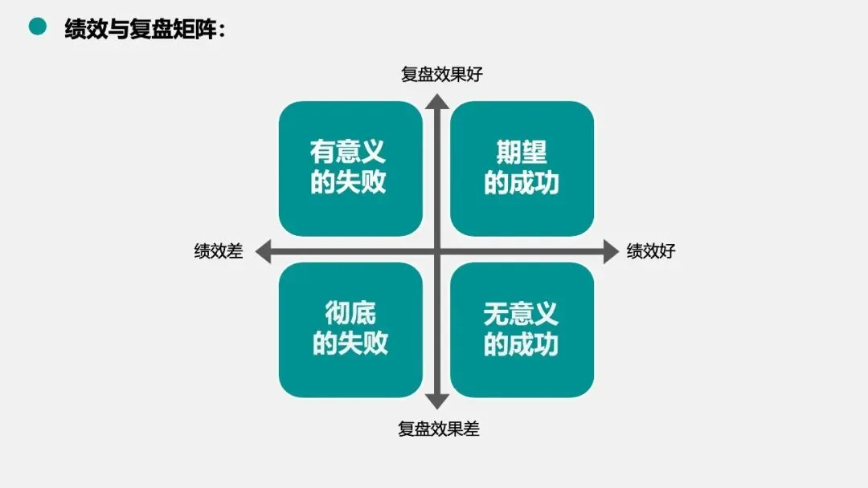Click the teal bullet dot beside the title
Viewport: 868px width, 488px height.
[38, 27]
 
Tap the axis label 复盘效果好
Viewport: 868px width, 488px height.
[441, 75]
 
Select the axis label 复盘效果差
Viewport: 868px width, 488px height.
[439, 429]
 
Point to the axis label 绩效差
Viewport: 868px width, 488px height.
[218, 251]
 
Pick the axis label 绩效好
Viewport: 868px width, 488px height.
[651, 251]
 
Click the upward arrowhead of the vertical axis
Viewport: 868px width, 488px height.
[436, 101]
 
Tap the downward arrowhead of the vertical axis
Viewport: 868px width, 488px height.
[436, 401]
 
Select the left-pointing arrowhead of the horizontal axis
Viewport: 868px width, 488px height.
[263, 252]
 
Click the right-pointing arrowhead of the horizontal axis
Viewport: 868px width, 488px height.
[611, 252]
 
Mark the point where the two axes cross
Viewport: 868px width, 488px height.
[436, 252]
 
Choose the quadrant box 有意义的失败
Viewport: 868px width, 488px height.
[350, 168]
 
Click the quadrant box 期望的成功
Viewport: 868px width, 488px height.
[522, 168]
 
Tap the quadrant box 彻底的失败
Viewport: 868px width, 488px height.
[350, 329]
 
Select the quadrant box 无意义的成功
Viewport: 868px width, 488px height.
[522, 329]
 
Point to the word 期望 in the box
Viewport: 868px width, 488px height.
[522, 152]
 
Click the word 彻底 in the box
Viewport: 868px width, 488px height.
[350, 313]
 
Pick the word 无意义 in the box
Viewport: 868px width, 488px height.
[521, 313]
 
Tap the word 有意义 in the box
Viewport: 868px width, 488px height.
[349, 152]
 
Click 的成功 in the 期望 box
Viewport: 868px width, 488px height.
[522, 183]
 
